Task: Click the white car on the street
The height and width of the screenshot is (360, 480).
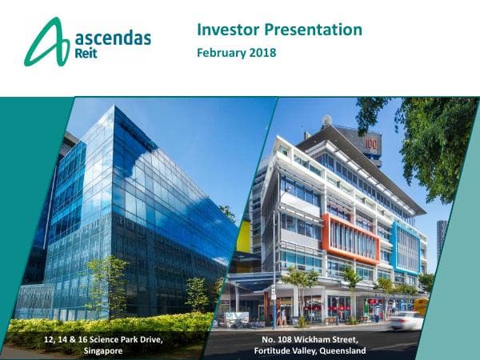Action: [x=406, y=320]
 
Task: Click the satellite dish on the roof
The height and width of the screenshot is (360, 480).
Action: [x=327, y=120]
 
